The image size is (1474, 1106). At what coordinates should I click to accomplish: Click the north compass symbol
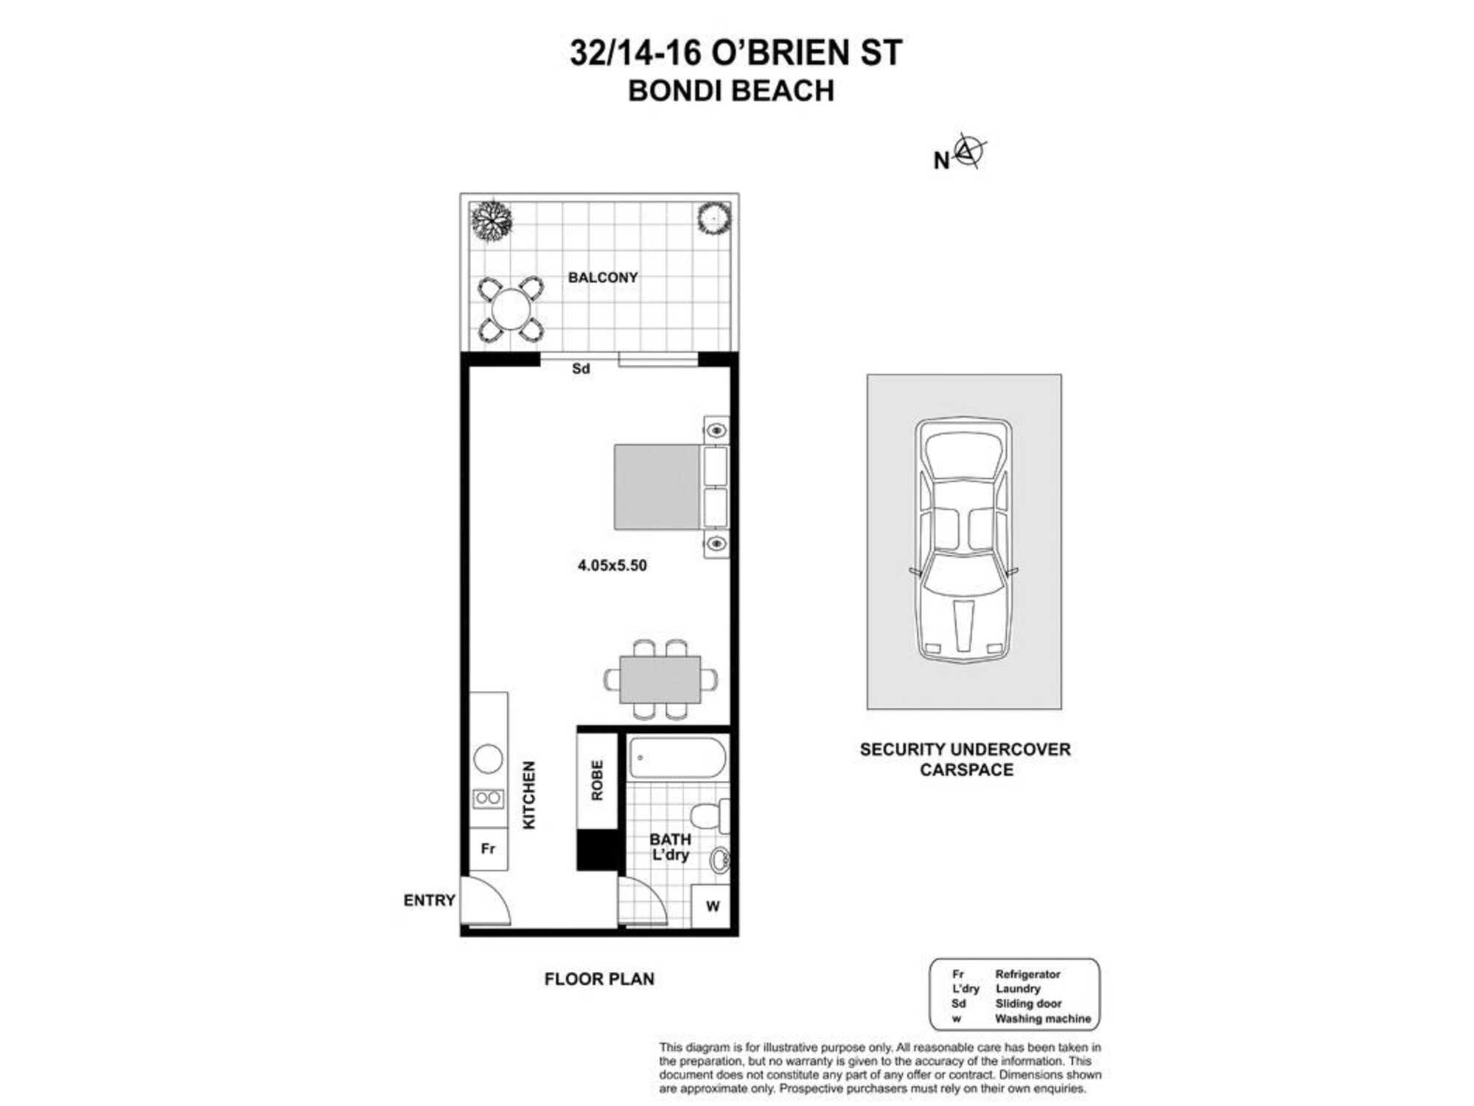point(968,151)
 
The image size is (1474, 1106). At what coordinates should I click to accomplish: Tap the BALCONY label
point(602,277)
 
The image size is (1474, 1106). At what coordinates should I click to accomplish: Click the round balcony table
point(511,309)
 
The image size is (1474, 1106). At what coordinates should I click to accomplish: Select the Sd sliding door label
point(581,369)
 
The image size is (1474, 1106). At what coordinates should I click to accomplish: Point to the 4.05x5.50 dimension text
point(612,566)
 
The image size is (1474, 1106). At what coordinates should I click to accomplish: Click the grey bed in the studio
point(657,487)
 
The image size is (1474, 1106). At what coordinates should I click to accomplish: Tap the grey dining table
point(660,679)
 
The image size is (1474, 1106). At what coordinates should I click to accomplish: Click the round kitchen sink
point(488,758)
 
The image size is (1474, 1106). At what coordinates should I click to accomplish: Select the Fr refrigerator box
point(488,849)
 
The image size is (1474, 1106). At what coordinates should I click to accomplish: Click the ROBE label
point(597,780)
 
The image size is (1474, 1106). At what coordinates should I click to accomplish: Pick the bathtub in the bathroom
point(677,757)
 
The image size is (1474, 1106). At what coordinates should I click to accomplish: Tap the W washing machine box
point(712,906)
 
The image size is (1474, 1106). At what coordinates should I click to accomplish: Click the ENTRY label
point(429,900)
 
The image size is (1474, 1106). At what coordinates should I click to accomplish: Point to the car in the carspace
point(963,540)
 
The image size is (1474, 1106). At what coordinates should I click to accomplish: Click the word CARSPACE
point(966,770)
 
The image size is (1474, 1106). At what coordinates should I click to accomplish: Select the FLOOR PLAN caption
point(599,979)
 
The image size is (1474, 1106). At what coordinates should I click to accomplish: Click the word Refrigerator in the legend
point(1027,974)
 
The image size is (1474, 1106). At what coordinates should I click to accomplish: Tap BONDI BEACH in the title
point(731,91)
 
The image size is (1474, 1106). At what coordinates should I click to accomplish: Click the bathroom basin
point(719,860)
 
